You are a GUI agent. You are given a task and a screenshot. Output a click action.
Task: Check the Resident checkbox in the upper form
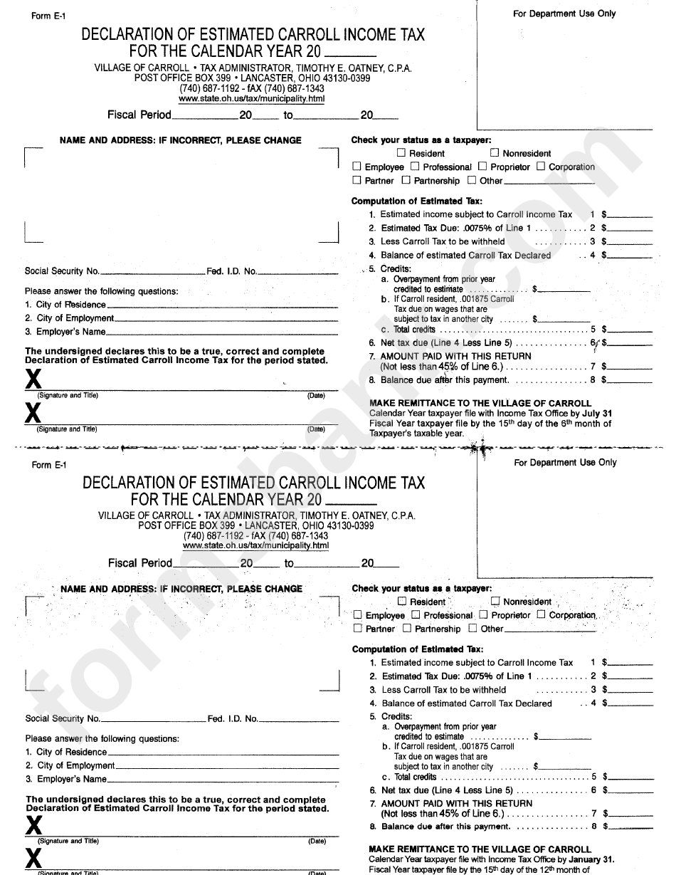[401, 152]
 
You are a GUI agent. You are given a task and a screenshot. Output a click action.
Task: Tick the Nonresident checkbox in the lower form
[496, 601]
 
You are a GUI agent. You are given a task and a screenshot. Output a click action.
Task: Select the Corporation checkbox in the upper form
[541, 167]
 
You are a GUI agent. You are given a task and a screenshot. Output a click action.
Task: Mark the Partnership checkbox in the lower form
[407, 629]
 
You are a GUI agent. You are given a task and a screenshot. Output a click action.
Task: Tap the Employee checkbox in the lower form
[358, 615]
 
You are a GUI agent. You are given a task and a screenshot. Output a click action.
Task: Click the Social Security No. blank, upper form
[152, 273]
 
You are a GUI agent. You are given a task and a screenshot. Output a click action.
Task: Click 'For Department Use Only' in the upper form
[564, 14]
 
